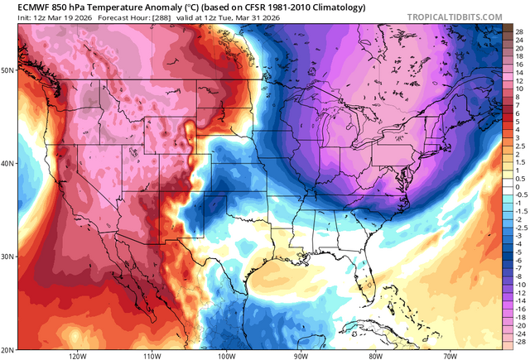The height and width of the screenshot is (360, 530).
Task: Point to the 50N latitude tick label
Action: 7,70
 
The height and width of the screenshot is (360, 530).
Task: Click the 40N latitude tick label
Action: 7,163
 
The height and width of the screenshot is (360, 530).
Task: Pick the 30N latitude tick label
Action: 7,257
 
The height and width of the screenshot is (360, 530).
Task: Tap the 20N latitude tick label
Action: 7,349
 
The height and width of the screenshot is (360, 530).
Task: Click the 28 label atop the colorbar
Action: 518,30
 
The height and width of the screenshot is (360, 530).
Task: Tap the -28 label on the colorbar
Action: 518,341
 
